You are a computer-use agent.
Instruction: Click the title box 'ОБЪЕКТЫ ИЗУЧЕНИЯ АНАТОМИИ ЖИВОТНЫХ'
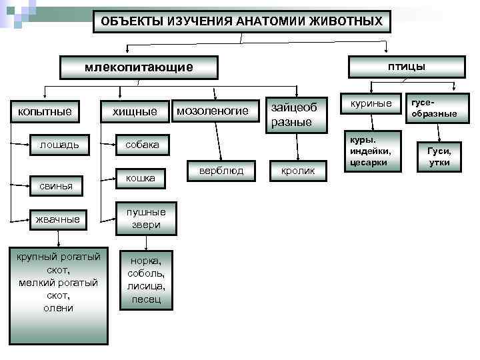(x=241, y=21)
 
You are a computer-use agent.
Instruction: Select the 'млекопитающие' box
(x=139, y=67)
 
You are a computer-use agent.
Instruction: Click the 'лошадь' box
(x=59, y=145)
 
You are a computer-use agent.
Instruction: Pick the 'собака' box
(x=143, y=145)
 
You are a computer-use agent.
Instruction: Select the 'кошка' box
(x=141, y=178)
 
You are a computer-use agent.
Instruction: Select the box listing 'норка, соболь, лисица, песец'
(x=146, y=279)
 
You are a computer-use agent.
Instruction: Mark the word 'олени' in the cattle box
(x=59, y=307)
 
